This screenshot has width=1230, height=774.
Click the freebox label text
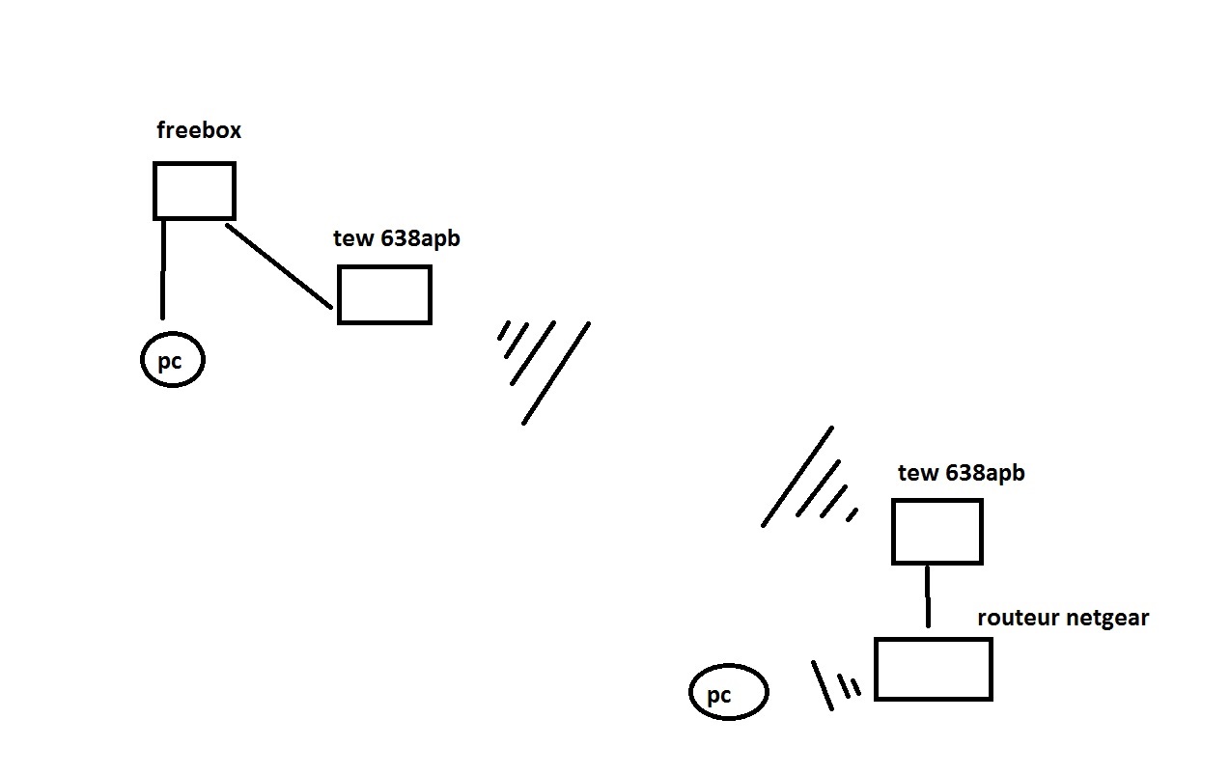tap(199, 130)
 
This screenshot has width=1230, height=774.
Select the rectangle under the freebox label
tap(194, 191)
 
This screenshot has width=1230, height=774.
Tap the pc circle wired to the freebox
tap(173, 361)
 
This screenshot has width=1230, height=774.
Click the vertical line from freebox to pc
tap(162, 270)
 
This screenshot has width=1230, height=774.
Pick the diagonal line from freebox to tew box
tap(279, 266)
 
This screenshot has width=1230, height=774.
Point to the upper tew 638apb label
tap(397, 238)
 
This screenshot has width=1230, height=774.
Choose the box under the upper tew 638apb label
tap(384, 295)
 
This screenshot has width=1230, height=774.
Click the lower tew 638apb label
tap(961, 473)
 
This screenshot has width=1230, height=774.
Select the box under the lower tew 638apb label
tap(936, 532)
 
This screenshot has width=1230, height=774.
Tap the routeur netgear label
tap(1063, 618)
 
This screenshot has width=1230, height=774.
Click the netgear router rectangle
tap(933, 669)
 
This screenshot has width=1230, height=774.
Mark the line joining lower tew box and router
tap(928, 596)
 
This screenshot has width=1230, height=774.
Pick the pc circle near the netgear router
tap(729, 692)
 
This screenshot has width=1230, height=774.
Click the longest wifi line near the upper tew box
tap(556, 373)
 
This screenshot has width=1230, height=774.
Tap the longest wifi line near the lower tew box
tap(797, 477)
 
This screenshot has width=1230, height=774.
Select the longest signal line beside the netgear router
tap(822, 685)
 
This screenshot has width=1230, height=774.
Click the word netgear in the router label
tap(1106, 619)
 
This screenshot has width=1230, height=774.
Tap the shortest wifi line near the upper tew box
tap(503, 331)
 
